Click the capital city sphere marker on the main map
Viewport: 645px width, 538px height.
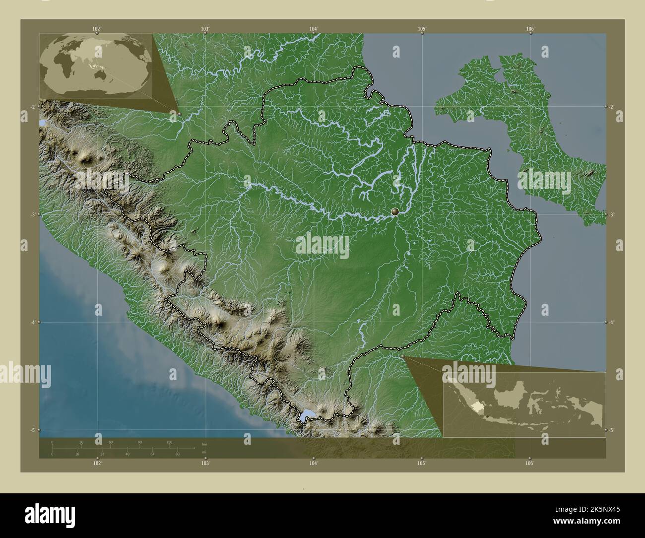tap(395, 212)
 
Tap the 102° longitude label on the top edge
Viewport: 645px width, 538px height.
tap(97, 29)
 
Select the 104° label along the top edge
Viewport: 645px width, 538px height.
tap(313, 29)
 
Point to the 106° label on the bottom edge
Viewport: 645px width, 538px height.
tap(529, 463)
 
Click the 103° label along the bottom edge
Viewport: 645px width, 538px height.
tap(205, 463)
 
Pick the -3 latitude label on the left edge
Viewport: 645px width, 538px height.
tap(32, 214)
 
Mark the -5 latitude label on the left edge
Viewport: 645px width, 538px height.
tap(32, 430)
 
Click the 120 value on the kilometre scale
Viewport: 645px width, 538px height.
tap(169, 442)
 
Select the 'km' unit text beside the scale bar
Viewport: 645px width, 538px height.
tap(204, 443)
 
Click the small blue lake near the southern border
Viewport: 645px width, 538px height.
tap(306, 415)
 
